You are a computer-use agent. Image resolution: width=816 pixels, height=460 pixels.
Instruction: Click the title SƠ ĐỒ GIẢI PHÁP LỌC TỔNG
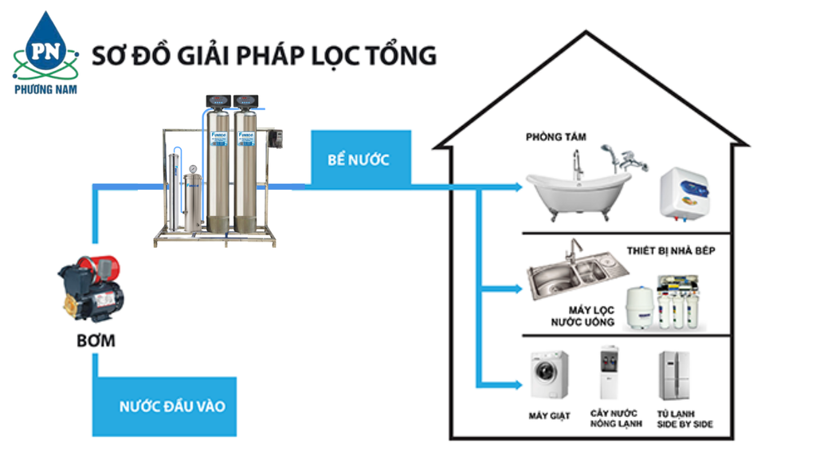click(x=264, y=56)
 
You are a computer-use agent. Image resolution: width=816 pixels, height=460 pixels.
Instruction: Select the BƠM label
click(x=96, y=341)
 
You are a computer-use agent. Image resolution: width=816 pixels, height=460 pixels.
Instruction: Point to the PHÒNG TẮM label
click(x=555, y=137)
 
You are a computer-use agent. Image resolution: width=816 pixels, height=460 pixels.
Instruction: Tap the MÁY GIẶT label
click(x=550, y=416)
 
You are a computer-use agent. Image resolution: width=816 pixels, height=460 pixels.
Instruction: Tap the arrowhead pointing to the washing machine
click(x=518, y=385)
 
